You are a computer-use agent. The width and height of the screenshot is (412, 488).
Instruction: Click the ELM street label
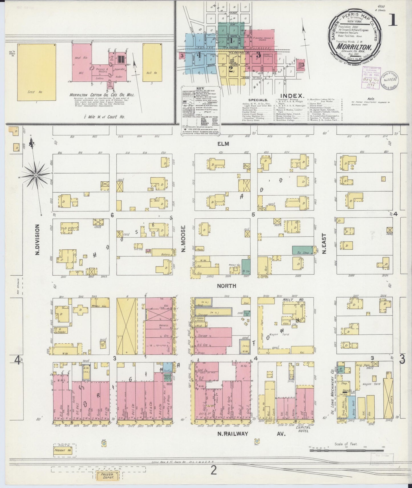223,144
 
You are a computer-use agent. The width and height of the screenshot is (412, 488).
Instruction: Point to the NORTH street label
226,286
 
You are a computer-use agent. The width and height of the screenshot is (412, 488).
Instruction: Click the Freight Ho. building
63,450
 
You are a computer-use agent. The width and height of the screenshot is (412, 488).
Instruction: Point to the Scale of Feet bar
347,450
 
